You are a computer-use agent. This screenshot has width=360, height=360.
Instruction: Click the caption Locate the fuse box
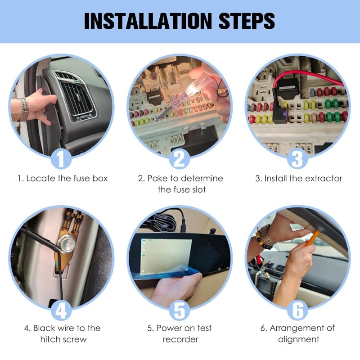63,178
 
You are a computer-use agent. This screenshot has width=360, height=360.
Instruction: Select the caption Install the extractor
299,178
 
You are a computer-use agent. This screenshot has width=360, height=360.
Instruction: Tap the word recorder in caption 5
180,339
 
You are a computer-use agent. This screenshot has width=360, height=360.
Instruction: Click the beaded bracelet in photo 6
265,236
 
